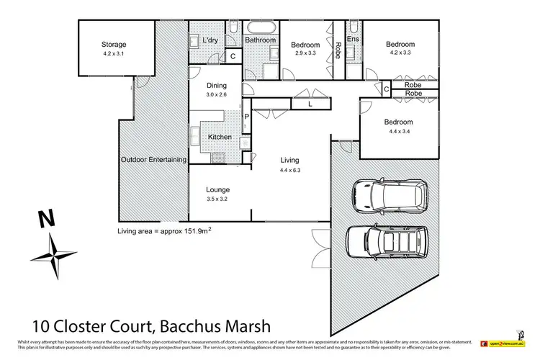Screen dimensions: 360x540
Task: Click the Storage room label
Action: point(114,45)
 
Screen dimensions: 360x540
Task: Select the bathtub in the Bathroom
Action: point(259,28)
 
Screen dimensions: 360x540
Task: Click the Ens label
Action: point(353,38)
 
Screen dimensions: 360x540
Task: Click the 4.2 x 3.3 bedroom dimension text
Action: point(400,53)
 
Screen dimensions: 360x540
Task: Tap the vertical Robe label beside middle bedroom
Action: point(337,52)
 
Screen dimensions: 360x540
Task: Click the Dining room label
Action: point(217,86)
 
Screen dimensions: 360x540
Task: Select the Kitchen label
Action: point(220,137)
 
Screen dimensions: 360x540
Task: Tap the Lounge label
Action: point(217,190)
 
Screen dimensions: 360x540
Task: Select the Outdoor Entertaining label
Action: point(153,160)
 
